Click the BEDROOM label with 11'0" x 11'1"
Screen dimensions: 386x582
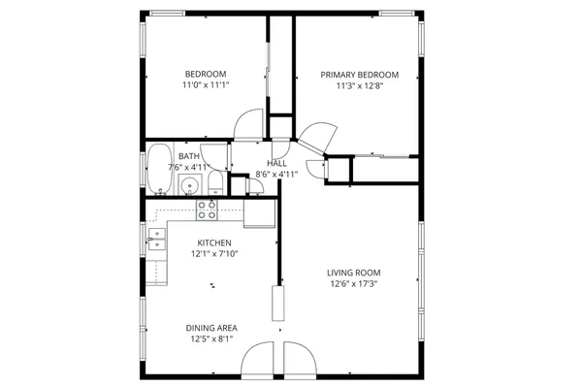tap(205, 75)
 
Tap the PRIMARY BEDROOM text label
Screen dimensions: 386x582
tap(361, 75)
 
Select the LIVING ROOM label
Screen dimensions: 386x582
tap(353, 273)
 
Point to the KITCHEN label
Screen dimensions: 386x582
tap(214, 242)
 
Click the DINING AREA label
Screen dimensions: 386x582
tap(212, 328)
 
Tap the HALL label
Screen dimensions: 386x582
tap(276, 164)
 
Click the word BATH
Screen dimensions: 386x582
tap(189, 155)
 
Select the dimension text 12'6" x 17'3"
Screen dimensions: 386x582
tap(353, 284)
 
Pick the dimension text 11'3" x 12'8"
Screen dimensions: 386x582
tap(361, 85)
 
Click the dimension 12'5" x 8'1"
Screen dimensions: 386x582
tap(212, 339)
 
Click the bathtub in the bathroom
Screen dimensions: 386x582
tap(159, 169)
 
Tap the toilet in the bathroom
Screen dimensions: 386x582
tap(215, 186)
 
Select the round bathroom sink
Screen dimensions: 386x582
tap(191, 185)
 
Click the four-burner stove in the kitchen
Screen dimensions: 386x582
tap(207, 209)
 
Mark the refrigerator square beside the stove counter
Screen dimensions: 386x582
tap(259, 210)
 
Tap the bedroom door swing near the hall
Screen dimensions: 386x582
tap(249, 122)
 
